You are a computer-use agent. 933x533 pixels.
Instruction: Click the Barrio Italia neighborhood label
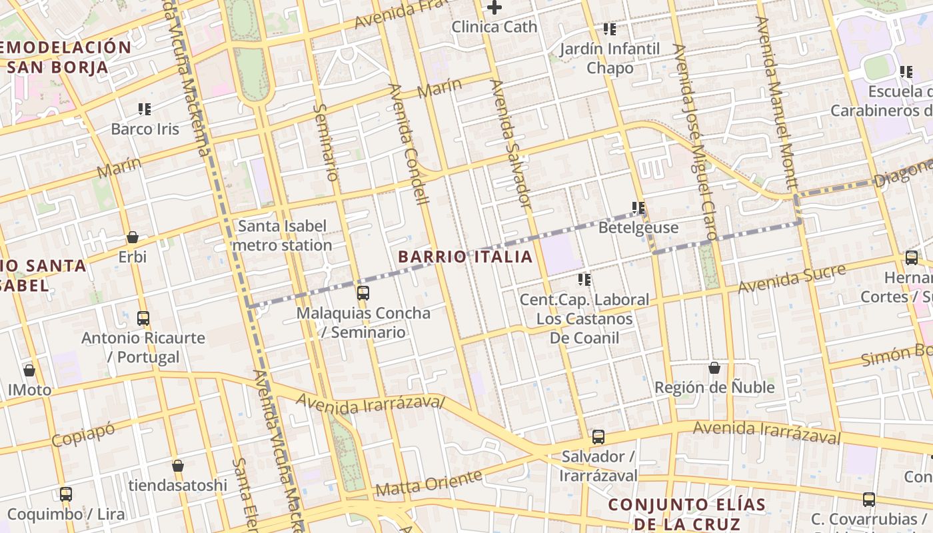tap(465, 257)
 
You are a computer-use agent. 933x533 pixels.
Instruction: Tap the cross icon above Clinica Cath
tap(494, 8)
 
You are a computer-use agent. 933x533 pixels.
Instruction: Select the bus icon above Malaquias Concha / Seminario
tap(363, 292)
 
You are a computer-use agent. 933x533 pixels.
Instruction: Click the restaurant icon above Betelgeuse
tap(638, 208)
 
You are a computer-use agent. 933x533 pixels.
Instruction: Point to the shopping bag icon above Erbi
tap(133, 237)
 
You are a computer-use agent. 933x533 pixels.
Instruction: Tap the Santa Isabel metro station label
tap(283, 236)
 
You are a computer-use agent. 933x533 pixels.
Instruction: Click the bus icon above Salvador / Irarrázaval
tap(598, 437)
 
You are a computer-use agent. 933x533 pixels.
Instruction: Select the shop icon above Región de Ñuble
tap(714, 368)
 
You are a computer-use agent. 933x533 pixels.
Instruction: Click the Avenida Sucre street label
tap(792, 278)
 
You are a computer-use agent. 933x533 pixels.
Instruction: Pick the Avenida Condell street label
tap(408, 144)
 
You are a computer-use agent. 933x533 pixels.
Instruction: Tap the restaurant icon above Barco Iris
tap(145, 109)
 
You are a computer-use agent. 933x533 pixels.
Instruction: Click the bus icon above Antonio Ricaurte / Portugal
tap(143, 318)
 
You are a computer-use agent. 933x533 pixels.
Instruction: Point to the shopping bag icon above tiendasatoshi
tap(177, 466)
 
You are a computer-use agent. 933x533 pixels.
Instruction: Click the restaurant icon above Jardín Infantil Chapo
tap(610, 29)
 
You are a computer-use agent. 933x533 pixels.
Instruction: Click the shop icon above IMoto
tap(29, 370)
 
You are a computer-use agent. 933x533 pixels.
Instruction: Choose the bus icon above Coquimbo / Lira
tap(65, 494)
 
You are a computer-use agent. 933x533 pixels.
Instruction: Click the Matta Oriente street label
tap(429, 484)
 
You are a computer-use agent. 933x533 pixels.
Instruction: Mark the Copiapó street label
tap(83, 434)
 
